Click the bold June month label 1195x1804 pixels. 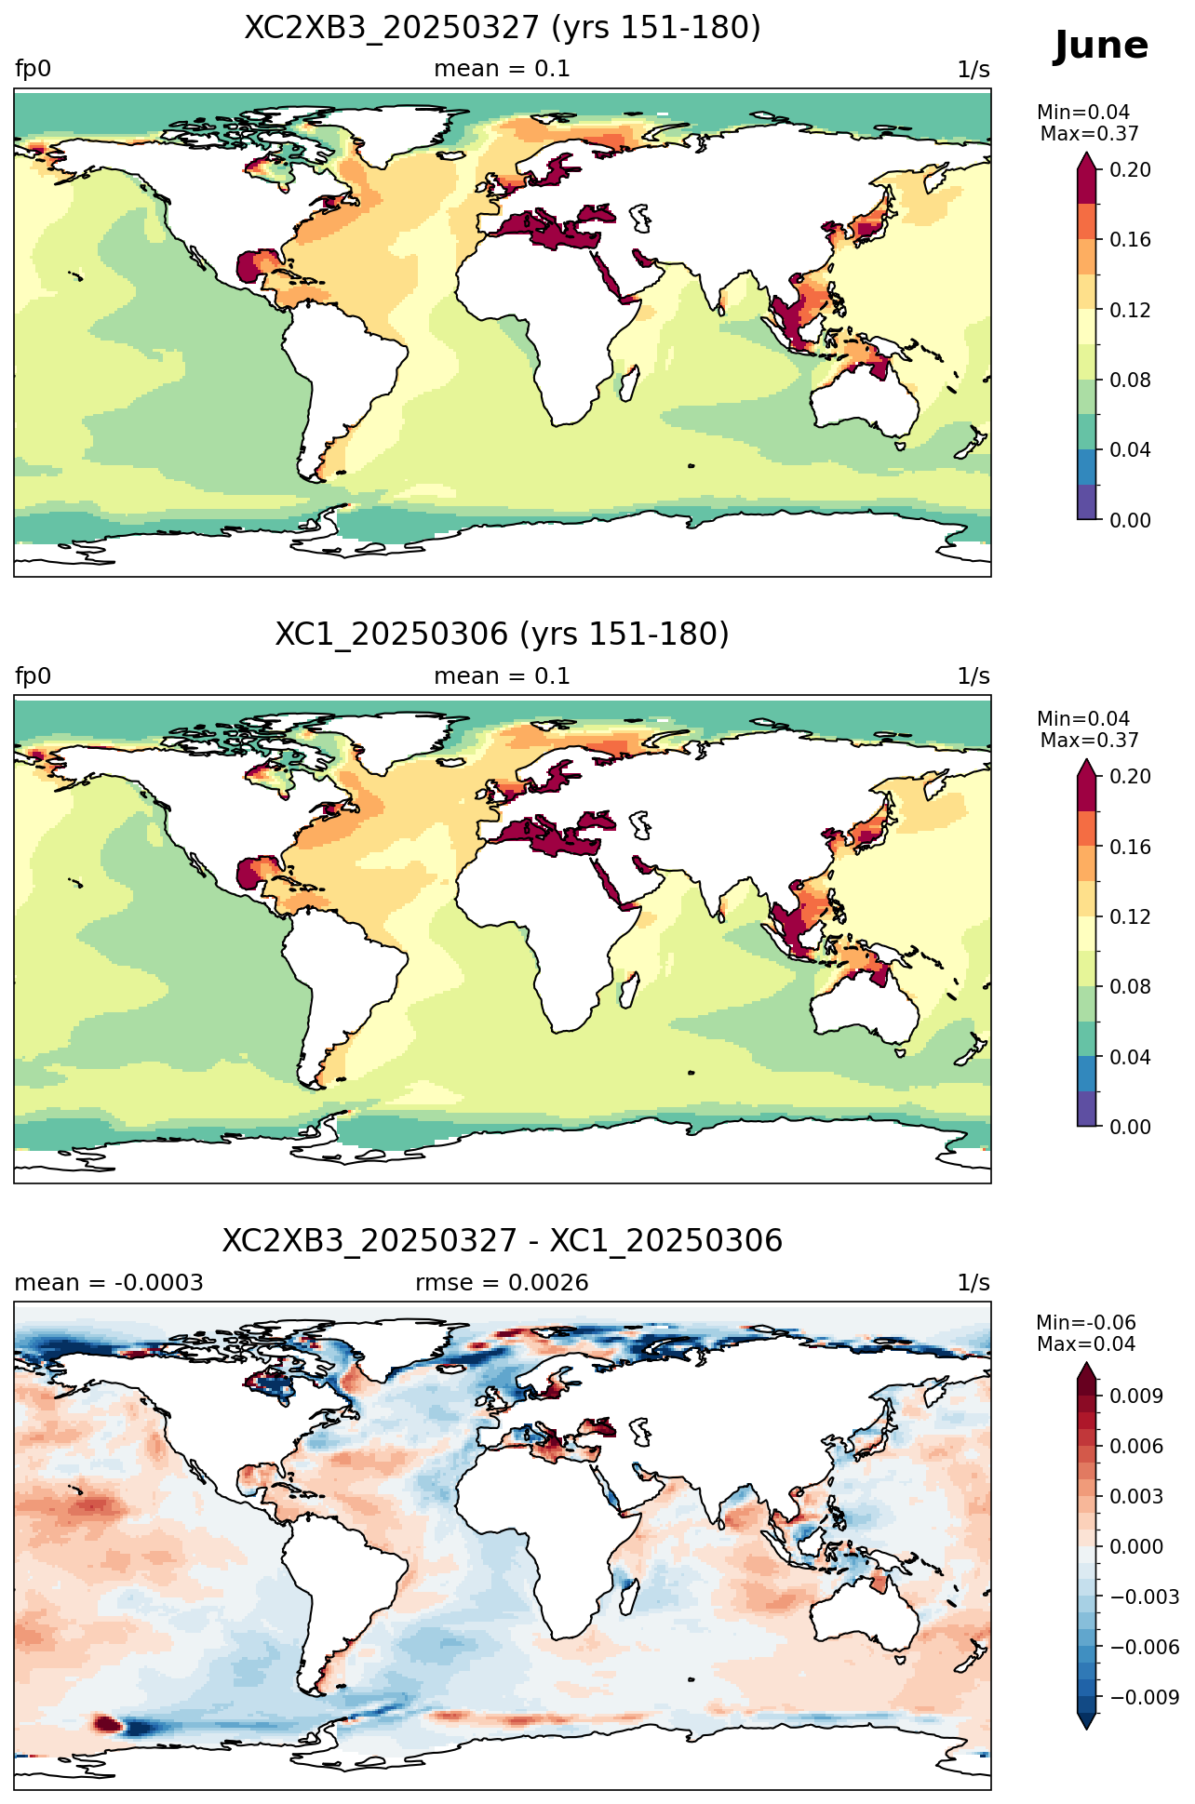coord(1101,46)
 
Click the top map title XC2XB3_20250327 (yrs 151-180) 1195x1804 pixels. coord(503,28)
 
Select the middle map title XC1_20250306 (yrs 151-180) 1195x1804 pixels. coord(503,635)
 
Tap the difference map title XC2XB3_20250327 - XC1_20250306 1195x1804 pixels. coord(503,1241)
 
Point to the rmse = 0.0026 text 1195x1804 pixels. coord(502,1283)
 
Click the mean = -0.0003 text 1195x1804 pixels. coord(109,1283)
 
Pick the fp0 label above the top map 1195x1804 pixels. coord(33,70)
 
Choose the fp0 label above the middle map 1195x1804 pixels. coord(33,676)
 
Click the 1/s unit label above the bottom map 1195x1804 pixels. coord(973,1283)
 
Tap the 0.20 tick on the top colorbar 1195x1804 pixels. coord(1130,169)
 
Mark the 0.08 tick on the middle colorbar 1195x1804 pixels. coord(1130,987)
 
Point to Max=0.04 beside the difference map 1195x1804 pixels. coord(1086,1344)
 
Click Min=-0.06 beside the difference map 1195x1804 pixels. coord(1086,1323)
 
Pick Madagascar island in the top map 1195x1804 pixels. coord(628,382)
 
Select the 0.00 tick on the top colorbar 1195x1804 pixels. coord(1130,520)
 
